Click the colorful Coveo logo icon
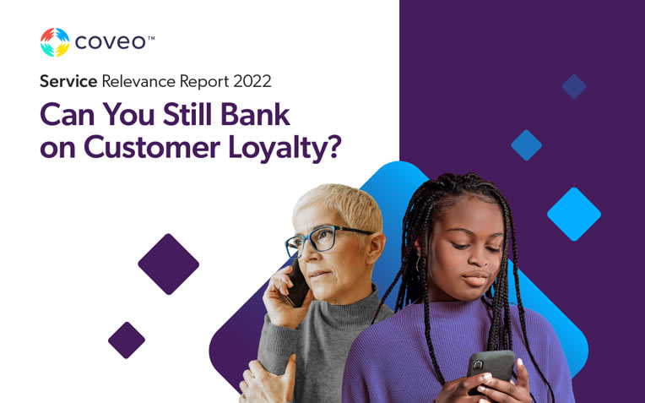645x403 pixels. [x=55, y=42]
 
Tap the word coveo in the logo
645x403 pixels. [x=111, y=42]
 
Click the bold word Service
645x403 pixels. [x=68, y=81]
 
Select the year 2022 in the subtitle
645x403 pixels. [x=252, y=81]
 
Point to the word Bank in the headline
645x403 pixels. [x=256, y=114]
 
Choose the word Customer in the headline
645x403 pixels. [x=152, y=147]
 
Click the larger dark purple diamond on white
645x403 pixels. [x=169, y=264]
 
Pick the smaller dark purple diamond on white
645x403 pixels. [x=127, y=340]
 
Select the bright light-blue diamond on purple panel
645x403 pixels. [x=574, y=214]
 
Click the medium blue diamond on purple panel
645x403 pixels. [x=527, y=145]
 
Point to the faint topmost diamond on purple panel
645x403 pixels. [x=574, y=86]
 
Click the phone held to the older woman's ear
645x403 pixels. [x=297, y=284]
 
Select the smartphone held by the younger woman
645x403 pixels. [x=491, y=368]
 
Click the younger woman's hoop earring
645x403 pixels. [x=419, y=264]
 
